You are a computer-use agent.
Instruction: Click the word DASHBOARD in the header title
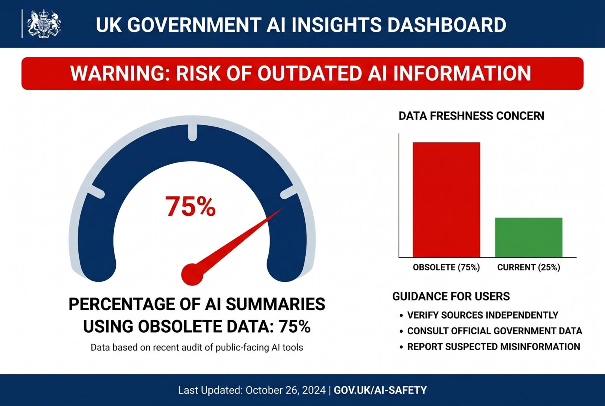(x=447, y=24)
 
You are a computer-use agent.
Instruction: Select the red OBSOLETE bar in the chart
(x=446, y=199)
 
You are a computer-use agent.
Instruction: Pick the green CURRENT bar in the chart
(x=529, y=237)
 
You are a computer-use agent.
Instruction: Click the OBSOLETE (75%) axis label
(x=446, y=267)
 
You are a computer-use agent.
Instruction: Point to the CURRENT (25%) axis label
(x=529, y=267)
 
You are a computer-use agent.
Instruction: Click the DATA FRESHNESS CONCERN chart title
(x=471, y=116)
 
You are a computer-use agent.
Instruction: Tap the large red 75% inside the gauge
(x=191, y=206)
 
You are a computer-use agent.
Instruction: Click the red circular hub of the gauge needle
(x=192, y=274)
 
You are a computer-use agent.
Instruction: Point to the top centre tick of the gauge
(x=192, y=132)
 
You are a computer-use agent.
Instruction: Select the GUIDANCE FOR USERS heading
(x=451, y=296)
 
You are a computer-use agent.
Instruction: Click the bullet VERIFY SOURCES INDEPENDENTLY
(x=483, y=315)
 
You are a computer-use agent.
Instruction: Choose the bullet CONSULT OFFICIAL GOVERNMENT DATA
(x=494, y=331)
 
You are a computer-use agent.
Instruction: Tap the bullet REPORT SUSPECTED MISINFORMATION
(x=494, y=347)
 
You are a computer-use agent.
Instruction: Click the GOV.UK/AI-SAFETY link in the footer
(x=380, y=390)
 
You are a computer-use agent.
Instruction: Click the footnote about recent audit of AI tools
(x=197, y=348)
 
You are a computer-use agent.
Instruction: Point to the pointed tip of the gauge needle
(x=282, y=209)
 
